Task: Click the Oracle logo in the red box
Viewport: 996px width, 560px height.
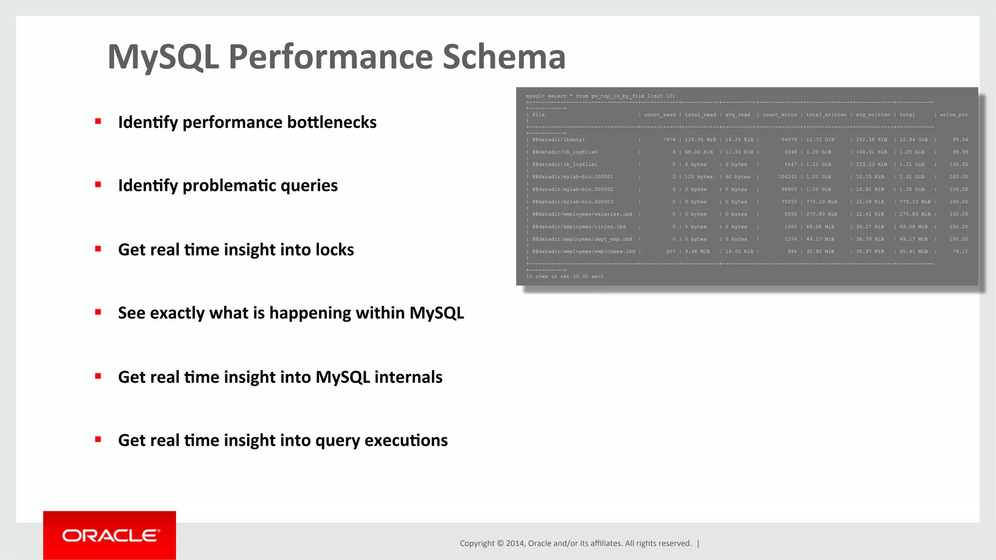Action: coord(110,535)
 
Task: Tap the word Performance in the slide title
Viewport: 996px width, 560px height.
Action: coord(330,57)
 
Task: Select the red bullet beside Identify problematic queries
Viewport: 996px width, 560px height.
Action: coord(98,185)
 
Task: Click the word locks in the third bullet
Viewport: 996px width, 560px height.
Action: coord(335,250)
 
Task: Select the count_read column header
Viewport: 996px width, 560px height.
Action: coord(659,115)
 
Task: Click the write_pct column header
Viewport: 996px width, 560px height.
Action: coord(953,115)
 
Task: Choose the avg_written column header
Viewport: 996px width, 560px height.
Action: coord(872,115)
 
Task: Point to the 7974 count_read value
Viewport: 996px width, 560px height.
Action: coord(669,140)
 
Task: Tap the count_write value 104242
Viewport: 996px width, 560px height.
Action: coord(787,177)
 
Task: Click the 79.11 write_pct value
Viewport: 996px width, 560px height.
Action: coord(960,252)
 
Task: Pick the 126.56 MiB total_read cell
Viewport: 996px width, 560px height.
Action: coord(700,140)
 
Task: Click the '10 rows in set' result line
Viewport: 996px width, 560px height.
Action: coord(564,276)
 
